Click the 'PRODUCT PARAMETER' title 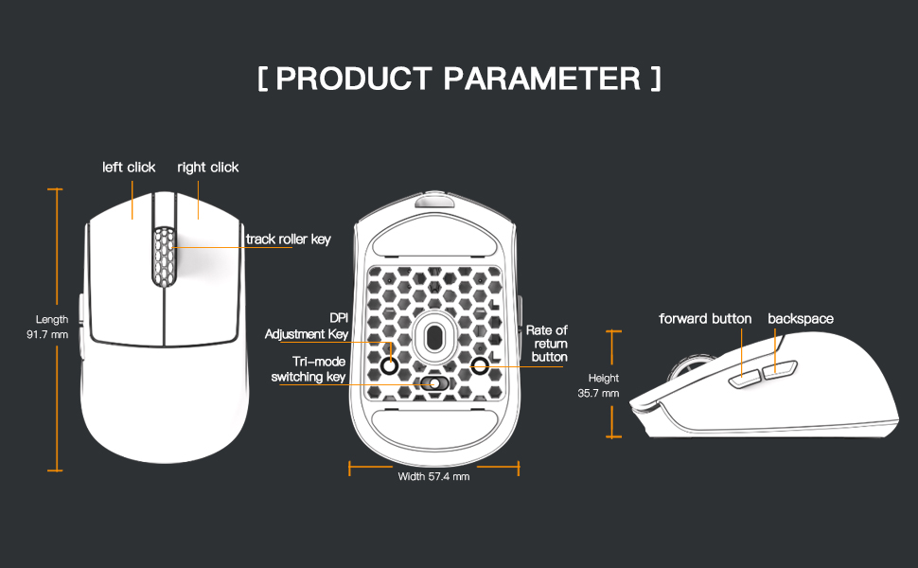pyautogui.click(x=459, y=79)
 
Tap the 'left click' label pyautogui.click(x=129, y=168)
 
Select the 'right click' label pyautogui.click(x=208, y=168)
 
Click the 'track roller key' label pyautogui.click(x=288, y=240)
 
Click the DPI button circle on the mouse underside pyautogui.click(x=390, y=362)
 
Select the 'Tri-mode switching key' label pyautogui.click(x=309, y=369)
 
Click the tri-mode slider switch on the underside pyautogui.click(x=434, y=383)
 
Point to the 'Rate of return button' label pyautogui.click(x=547, y=344)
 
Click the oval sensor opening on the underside pyautogui.click(x=434, y=333)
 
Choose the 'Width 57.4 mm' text pyautogui.click(x=434, y=476)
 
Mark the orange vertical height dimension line pyautogui.click(x=615, y=384)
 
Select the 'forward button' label pyautogui.click(x=705, y=319)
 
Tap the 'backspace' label pyautogui.click(x=801, y=319)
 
